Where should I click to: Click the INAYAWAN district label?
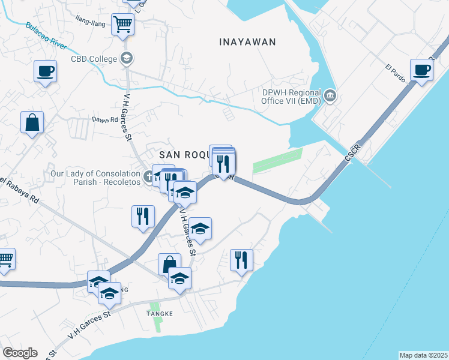[247, 42]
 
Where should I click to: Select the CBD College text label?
[94, 59]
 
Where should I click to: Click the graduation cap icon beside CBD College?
[127, 58]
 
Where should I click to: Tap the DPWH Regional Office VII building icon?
[330, 96]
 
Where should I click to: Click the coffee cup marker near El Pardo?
[422, 69]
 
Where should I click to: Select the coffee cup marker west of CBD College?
[45, 71]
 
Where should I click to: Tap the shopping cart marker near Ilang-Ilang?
[123, 25]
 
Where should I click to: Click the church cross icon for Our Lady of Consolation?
[149, 178]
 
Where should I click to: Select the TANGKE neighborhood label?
[160, 314]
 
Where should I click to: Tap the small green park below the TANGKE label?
[157, 325]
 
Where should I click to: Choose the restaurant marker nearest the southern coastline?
[241, 260]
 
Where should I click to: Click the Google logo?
[20, 353]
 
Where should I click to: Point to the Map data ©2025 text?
[423, 355]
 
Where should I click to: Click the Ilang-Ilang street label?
[90, 23]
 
